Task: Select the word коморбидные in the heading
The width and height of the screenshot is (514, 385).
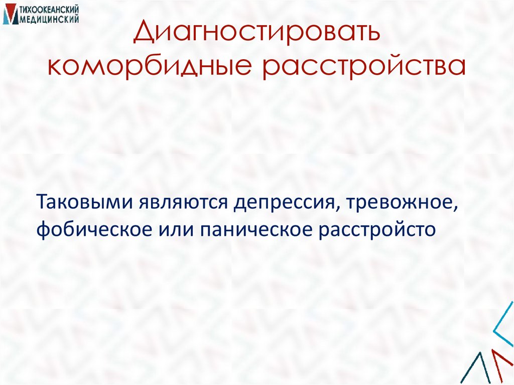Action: (149, 67)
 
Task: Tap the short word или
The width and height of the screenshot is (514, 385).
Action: (172, 230)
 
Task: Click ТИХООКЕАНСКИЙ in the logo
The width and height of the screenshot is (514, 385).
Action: (49, 10)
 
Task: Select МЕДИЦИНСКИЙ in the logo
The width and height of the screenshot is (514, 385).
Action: (49, 19)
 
